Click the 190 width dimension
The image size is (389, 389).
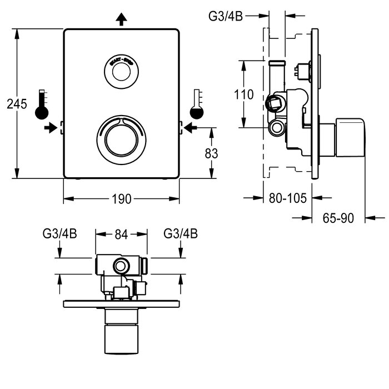[122, 199]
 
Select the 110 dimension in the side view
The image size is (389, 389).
[243, 94]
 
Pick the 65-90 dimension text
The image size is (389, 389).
[338, 218]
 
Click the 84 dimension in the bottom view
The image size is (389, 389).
[121, 234]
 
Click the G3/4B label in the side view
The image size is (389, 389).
[226, 16]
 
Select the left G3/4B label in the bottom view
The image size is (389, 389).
[59, 234]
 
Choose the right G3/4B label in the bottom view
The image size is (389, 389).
[181, 234]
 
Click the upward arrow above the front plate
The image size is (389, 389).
[121, 19]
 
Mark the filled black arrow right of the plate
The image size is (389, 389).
[191, 128]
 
